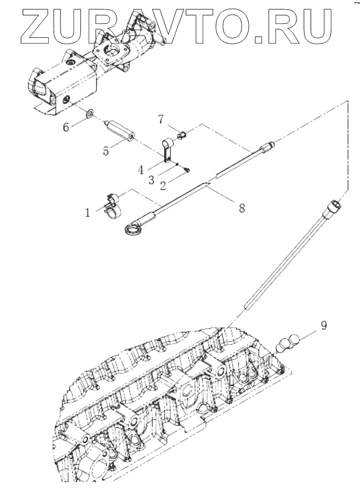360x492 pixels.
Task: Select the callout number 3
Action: tap(151, 180)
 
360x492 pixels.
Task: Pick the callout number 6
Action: tap(66, 126)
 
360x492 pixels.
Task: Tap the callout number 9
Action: tap(323, 325)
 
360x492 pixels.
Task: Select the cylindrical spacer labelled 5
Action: tap(121, 132)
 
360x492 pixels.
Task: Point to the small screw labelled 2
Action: tap(188, 169)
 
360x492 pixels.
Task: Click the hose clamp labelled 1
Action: tap(113, 204)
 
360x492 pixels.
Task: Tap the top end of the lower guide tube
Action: tap(334, 205)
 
